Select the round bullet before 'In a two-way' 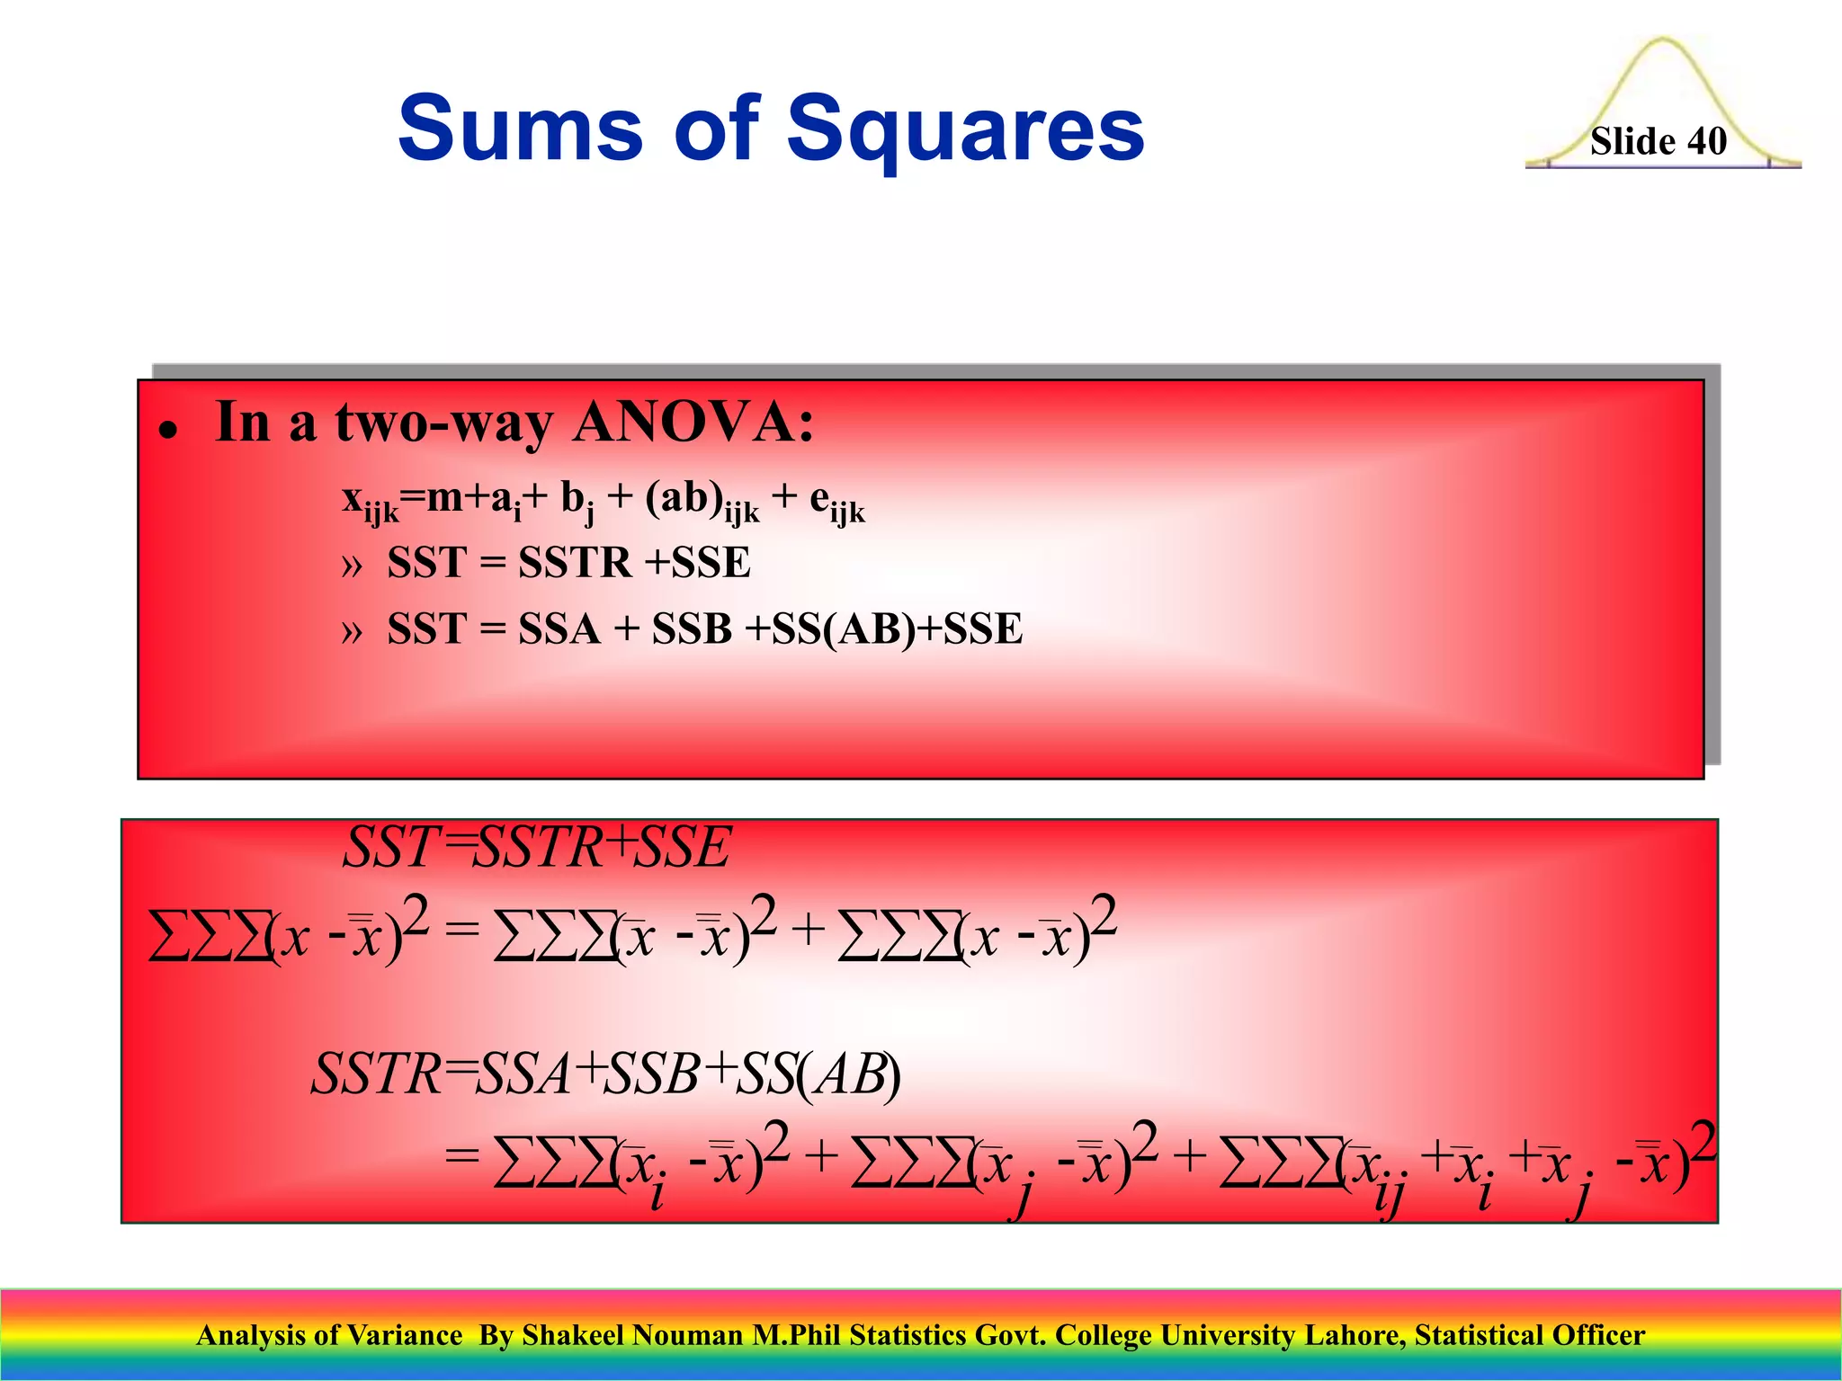[x=165, y=431]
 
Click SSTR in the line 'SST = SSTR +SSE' [x=575, y=563]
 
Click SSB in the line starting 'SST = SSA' [x=692, y=628]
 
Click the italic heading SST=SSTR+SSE [x=537, y=847]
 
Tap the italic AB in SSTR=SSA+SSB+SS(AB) [x=848, y=1074]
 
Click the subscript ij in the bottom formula [x=1389, y=1197]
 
